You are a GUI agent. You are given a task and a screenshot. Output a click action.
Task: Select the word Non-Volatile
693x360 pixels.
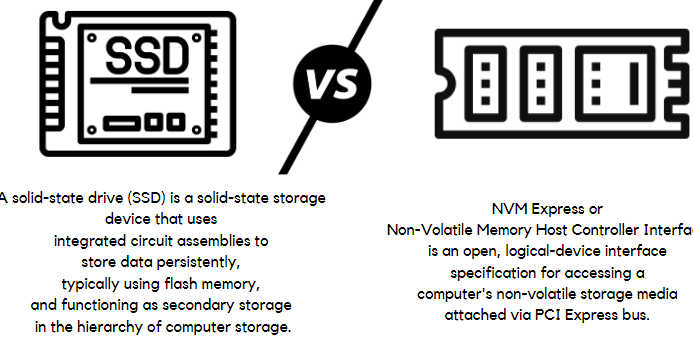432,231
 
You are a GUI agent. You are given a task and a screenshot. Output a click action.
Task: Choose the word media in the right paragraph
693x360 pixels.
657,294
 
